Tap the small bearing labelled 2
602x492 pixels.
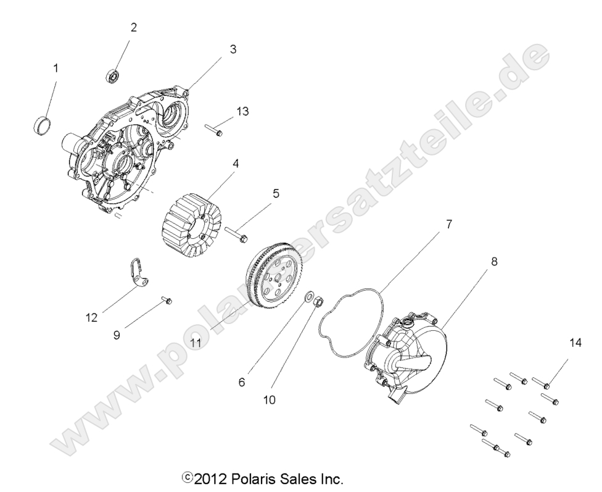112,77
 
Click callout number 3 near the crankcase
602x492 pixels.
233,49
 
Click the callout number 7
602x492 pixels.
448,224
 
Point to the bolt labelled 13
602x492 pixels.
213,130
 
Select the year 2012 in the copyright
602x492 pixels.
212,479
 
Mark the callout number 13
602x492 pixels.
242,111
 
